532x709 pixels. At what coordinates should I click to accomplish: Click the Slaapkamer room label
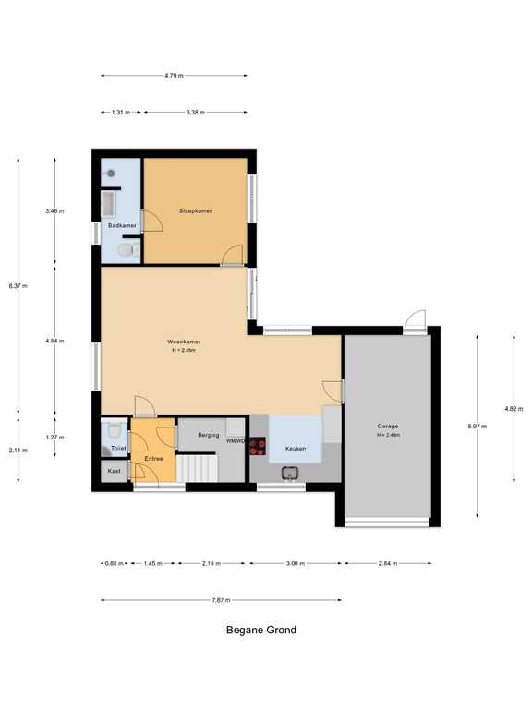pos(195,211)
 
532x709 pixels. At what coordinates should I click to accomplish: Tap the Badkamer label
pos(121,226)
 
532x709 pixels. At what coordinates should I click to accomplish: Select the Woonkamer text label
pos(185,342)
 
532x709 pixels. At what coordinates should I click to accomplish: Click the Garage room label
pos(387,427)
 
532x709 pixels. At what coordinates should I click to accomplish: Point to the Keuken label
pos(296,448)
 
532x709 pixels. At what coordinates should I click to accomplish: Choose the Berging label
pos(209,434)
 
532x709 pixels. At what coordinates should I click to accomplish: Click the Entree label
pos(153,459)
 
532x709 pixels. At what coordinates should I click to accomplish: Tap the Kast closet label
pos(115,472)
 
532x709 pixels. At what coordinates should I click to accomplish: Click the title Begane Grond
pos(261,631)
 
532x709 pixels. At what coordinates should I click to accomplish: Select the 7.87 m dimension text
pos(220,600)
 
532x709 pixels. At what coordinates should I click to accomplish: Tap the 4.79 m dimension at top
pos(174,76)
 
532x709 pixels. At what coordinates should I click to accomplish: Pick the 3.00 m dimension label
pos(295,562)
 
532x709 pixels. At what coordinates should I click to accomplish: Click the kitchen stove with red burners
pos(257,448)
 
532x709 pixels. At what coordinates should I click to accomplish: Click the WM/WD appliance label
pos(236,441)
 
